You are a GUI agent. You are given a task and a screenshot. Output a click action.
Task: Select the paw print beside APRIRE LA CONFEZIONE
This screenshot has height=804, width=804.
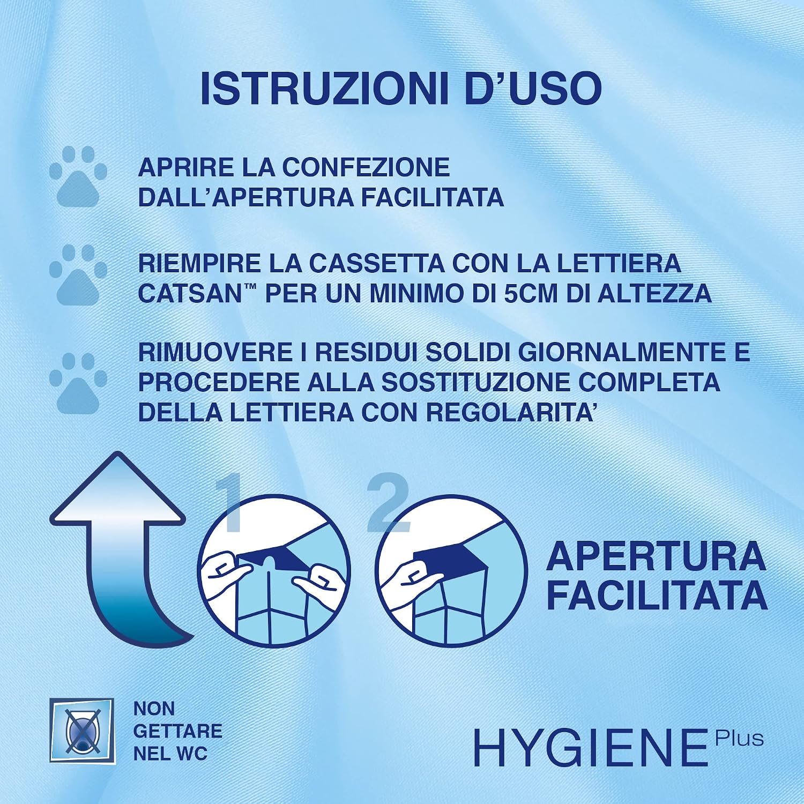78,177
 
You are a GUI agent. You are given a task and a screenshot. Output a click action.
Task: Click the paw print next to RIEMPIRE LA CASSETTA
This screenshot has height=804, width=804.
78,275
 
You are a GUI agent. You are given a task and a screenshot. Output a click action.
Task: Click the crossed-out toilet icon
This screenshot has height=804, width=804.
81,731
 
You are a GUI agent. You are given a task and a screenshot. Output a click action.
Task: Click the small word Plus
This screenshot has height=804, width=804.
739,738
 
